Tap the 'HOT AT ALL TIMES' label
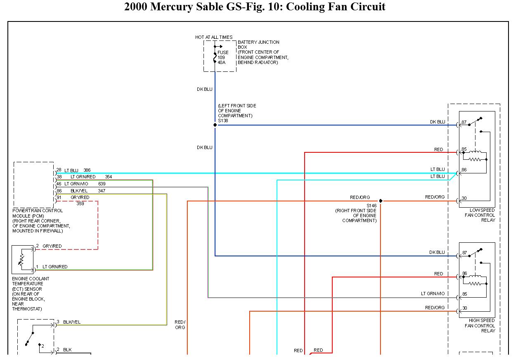pos(214,37)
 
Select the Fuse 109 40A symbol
pos(215,57)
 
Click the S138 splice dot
pos(215,125)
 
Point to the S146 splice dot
pos(381,201)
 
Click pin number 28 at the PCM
pos(59,170)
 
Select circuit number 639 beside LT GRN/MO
pos(102,184)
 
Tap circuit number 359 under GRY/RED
pos(80,204)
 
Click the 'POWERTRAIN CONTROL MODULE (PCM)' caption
pos(38,213)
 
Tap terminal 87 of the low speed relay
pos(464,122)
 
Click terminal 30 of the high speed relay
pos(465,308)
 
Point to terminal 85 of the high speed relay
pos(464,294)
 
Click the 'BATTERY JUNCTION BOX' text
pos(258,45)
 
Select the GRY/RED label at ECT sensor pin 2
pos(52,246)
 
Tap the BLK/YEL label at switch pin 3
pos(72,322)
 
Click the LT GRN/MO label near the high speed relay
pos(433,294)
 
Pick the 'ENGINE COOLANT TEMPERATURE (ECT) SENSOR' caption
pos(31,284)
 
